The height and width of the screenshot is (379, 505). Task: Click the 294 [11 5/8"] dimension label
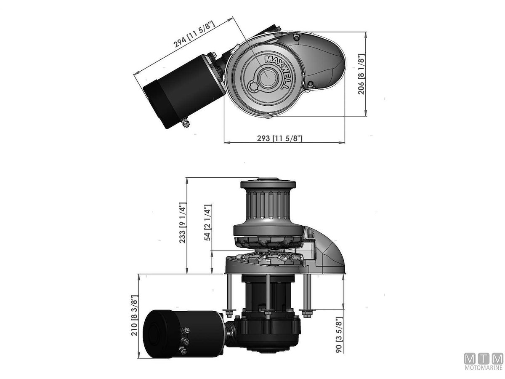click(x=194, y=34)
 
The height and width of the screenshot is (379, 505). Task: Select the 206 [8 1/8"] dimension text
click(x=361, y=74)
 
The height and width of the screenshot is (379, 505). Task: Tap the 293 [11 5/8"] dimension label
click(x=279, y=138)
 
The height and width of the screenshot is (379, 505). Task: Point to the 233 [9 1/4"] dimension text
click(x=182, y=222)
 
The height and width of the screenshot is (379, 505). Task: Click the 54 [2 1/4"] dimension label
click(x=207, y=222)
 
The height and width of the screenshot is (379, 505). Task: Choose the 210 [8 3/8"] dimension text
click(x=135, y=315)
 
